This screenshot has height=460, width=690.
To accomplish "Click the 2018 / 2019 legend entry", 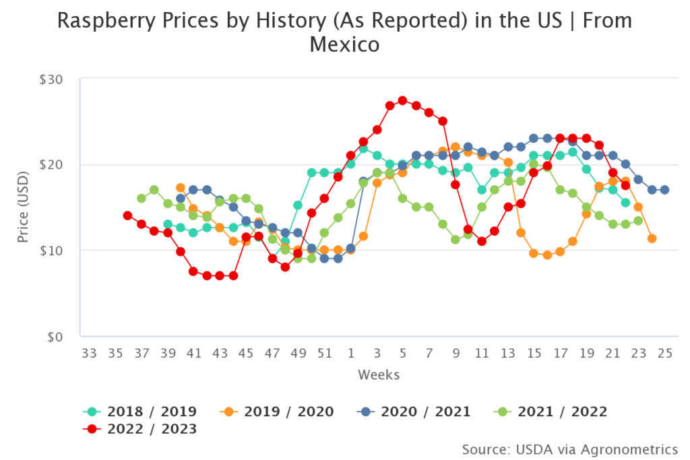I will [x=140, y=412].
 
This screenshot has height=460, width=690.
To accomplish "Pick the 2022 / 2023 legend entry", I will [x=140, y=429].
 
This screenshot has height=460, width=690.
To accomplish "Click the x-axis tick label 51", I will [x=325, y=353].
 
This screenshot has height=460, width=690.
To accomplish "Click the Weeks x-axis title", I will [x=379, y=374].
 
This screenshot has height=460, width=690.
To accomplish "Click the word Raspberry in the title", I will [x=98, y=20].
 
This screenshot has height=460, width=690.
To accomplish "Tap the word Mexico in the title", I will [x=344, y=45].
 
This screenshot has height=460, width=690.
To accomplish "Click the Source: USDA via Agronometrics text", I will [x=570, y=449].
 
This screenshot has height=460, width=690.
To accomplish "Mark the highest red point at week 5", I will [x=402, y=100].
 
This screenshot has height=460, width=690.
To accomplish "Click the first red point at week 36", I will [x=127, y=216].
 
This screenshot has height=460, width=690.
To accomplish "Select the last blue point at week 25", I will [x=664, y=190].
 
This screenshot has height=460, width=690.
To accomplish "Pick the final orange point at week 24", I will [x=652, y=238].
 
